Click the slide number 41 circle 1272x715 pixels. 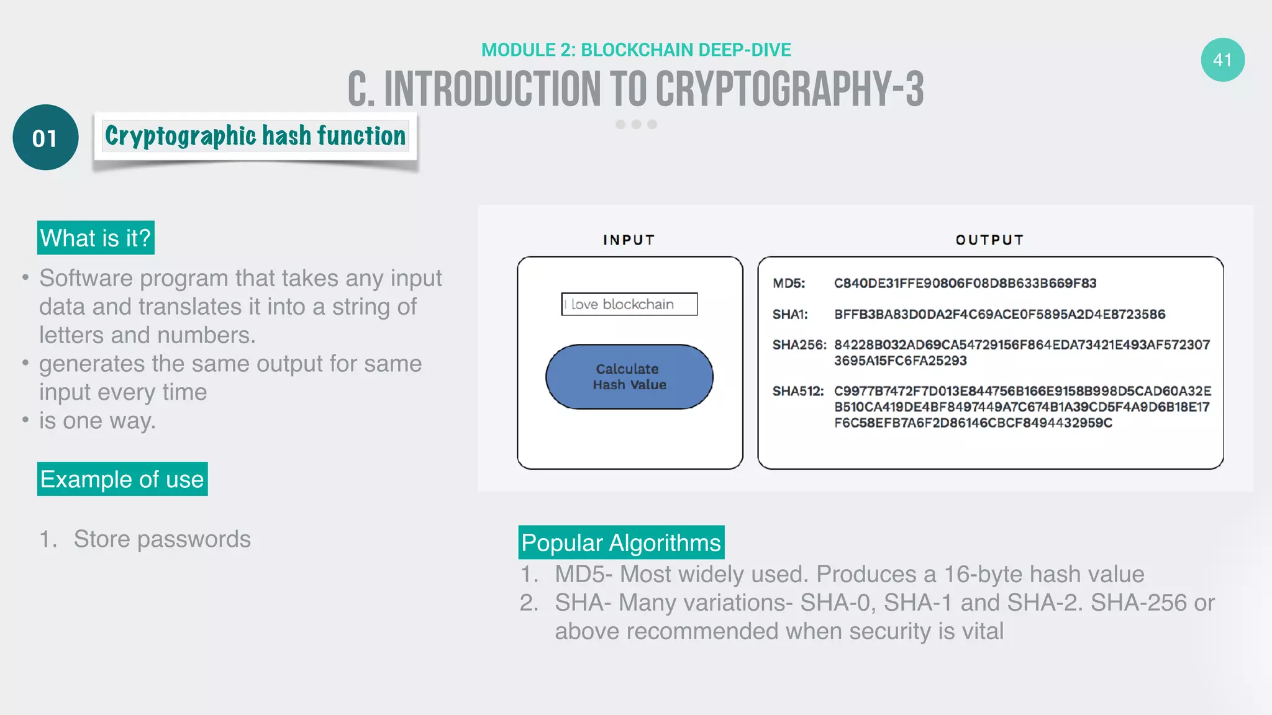click(x=1222, y=60)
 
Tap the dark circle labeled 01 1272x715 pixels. click(x=45, y=138)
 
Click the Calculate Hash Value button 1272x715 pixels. click(x=629, y=377)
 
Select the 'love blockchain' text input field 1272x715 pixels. click(x=629, y=304)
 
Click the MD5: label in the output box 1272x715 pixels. click(x=788, y=284)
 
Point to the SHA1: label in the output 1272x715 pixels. click(x=790, y=315)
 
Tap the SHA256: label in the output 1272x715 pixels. click(x=799, y=345)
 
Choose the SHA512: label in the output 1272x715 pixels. click(x=797, y=392)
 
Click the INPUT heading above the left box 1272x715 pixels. click(x=629, y=240)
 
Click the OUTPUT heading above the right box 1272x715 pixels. click(x=989, y=240)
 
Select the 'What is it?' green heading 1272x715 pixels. click(x=96, y=238)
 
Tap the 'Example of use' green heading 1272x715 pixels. click(x=122, y=479)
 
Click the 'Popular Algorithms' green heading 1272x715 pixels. click(x=621, y=542)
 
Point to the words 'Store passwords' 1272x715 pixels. click(x=162, y=539)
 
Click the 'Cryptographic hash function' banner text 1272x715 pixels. click(x=255, y=136)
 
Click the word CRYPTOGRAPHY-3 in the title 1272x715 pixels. click(x=789, y=89)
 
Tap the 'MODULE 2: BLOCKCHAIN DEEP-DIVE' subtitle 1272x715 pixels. click(x=636, y=50)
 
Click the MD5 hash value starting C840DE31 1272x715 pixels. click(x=965, y=284)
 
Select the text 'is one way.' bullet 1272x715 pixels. click(x=98, y=421)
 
